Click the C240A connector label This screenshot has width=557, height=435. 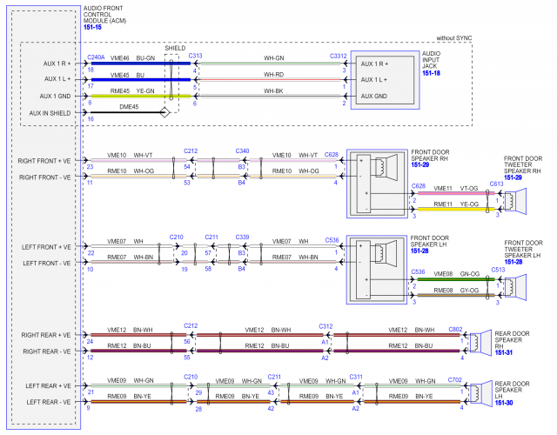[x=96, y=57]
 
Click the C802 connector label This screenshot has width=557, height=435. [x=456, y=328]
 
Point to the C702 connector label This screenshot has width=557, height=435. [x=456, y=379]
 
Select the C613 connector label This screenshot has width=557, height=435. [x=496, y=184]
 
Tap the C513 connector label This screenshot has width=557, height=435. [x=496, y=270]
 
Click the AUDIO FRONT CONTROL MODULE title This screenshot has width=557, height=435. [x=104, y=15]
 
